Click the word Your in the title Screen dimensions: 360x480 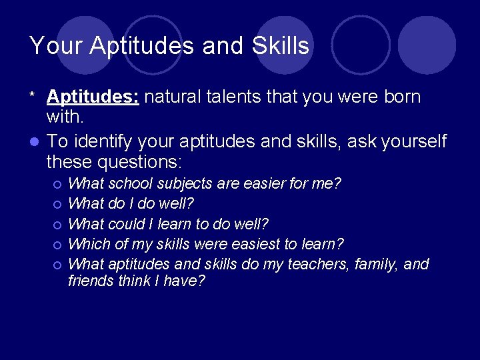56,46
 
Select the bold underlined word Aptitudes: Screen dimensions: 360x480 93,97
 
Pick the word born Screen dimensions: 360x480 399,97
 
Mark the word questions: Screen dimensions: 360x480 140,162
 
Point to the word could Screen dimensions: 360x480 125,224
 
